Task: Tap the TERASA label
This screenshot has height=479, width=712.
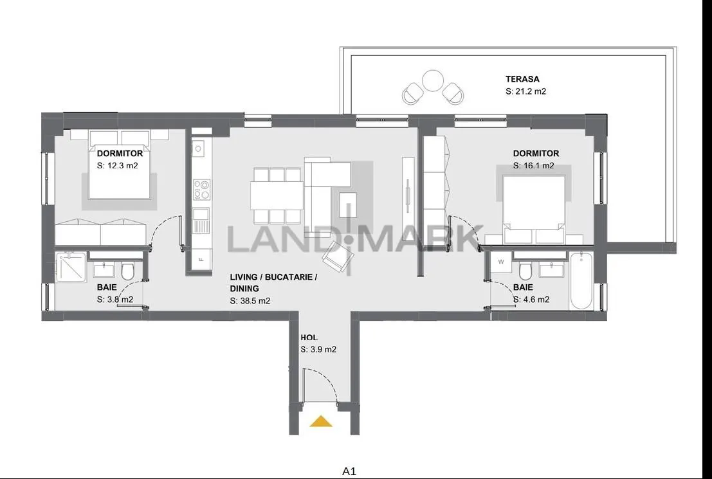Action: [522, 79]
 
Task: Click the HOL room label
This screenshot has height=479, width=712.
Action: [309, 338]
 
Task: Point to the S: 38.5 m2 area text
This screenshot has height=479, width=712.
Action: [250, 300]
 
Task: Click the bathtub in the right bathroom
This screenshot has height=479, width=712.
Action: [580, 281]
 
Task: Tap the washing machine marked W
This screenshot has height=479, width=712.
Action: [501, 262]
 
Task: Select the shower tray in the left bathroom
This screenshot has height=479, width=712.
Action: [72, 267]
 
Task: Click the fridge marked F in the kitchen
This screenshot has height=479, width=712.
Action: [201, 260]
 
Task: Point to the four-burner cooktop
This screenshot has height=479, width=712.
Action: [201, 190]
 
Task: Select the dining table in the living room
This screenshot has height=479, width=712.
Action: [277, 195]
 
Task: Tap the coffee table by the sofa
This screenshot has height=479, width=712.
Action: [348, 204]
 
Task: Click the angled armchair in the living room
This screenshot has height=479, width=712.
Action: [338, 258]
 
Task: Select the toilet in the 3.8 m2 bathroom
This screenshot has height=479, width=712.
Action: [127, 271]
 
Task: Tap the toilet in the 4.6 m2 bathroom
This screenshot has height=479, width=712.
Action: [525, 271]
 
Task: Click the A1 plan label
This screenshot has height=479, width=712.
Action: [349, 472]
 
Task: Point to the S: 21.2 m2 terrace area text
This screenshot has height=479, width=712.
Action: [526, 91]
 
